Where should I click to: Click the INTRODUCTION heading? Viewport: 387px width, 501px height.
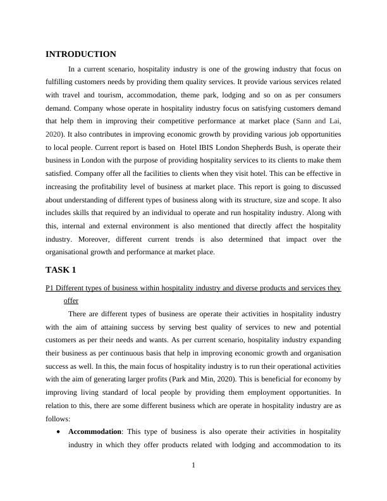click(81, 54)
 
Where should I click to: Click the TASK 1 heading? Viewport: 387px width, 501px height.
click(61, 270)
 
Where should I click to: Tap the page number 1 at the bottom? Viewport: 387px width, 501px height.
click(193, 466)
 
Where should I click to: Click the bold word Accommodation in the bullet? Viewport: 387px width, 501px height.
click(94, 432)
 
